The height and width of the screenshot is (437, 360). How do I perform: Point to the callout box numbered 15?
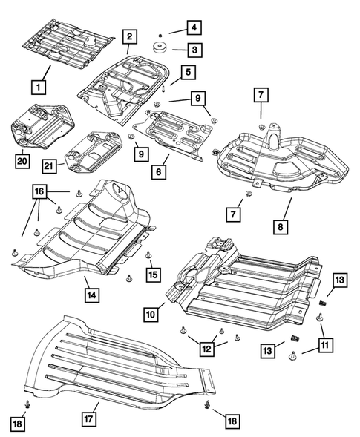pos(154,274)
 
